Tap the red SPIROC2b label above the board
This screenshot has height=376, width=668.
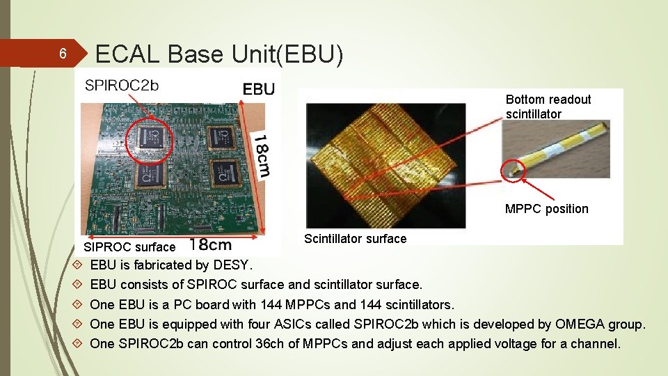click(x=122, y=86)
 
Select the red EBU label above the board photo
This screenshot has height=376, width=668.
click(x=258, y=88)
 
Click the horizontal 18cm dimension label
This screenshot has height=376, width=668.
click(x=210, y=245)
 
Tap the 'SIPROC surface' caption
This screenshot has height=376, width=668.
click(x=129, y=246)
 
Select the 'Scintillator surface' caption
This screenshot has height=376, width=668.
click(x=355, y=239)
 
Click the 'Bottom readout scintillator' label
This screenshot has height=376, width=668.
click(x=548, y=107)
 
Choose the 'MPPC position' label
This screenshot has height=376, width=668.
click(x=546, y=209)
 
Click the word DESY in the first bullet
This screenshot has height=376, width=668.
click(x=232, y=265)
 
